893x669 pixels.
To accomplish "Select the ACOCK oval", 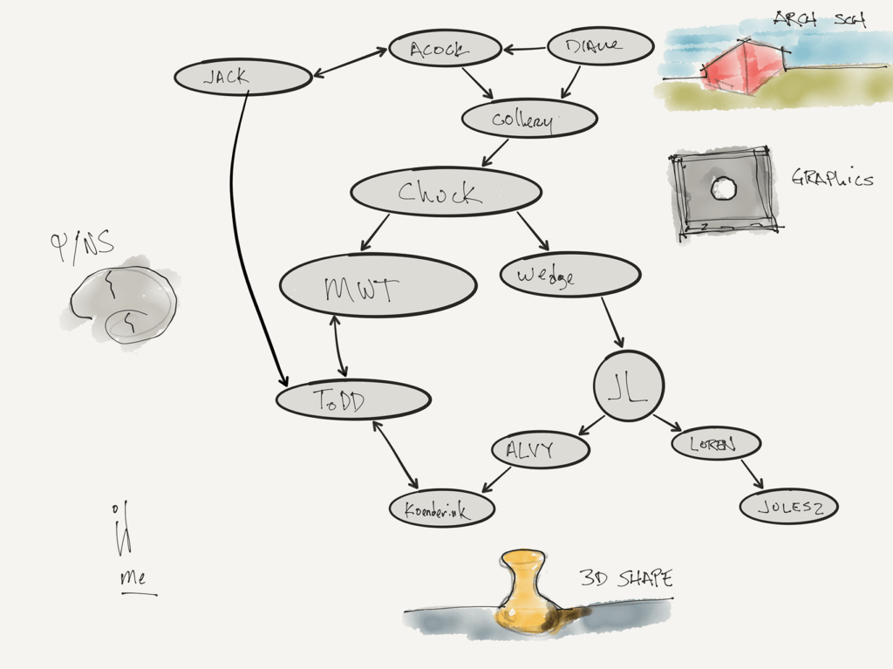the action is (x=445, y=49).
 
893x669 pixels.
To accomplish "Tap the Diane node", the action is (x=600, y=46).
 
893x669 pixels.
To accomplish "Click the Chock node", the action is (x=445, y=192).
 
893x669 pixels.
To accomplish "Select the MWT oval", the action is (x=378, y=285).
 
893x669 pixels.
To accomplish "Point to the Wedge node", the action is (x=569, y=275).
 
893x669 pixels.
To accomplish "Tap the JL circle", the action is (x=628, y=386).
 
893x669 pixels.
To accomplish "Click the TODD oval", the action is (x=352, y=400).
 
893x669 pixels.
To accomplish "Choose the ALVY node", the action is (x=540, y=450).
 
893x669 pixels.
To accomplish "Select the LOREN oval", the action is (x=715, y=444).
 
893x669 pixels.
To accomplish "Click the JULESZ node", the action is (x=788, y=507).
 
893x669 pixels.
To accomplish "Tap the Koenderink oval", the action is (x=441, y=509).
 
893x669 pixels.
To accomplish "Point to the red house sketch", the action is (x=744, y=68).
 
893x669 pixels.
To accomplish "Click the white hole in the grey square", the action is (x=722, y=188).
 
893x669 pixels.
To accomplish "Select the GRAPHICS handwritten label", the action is (x=832, y=179).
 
